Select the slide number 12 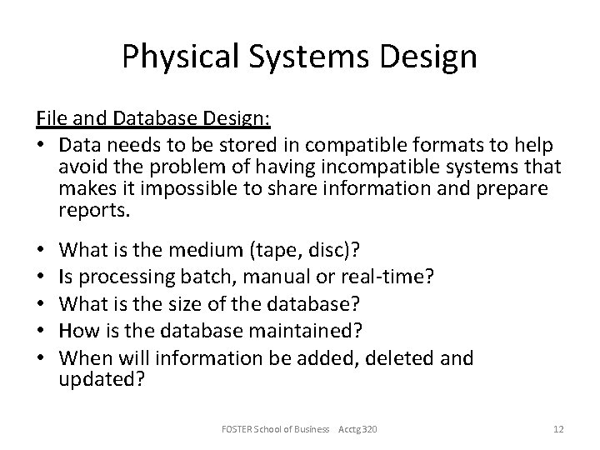coord(558,428)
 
